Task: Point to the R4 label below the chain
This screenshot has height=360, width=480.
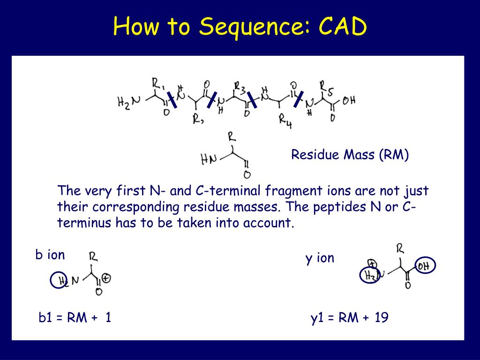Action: click(285, 120)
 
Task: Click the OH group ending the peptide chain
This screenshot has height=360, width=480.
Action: click(349, 100)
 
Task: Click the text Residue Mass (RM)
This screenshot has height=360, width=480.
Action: click(350, 155)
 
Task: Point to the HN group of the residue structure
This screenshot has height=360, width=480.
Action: click(209, 160)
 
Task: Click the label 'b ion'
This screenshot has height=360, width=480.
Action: click(50, 255)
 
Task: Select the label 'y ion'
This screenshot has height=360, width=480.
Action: click(320, 258)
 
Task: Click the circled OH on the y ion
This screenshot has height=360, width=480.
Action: click(425, 266)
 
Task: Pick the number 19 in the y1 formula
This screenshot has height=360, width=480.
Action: click(382, 318)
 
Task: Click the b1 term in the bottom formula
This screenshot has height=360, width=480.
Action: click(45, 318)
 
